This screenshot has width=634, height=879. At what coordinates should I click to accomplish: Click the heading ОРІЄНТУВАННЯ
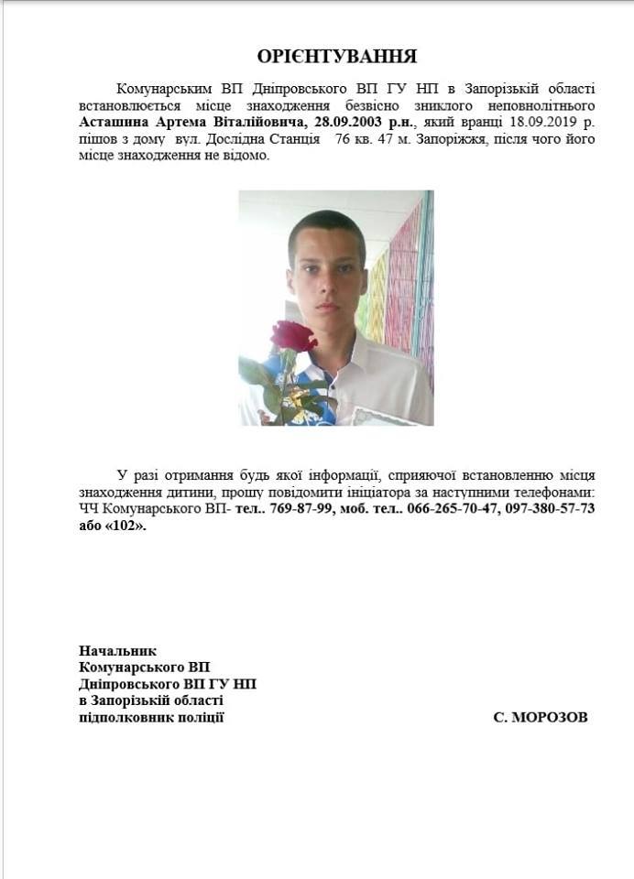(336, 57)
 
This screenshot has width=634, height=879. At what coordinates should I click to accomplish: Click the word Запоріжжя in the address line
(458, 139)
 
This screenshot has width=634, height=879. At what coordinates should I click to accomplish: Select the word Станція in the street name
(295, 139)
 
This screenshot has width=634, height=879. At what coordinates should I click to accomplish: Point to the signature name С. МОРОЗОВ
(541, 717)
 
